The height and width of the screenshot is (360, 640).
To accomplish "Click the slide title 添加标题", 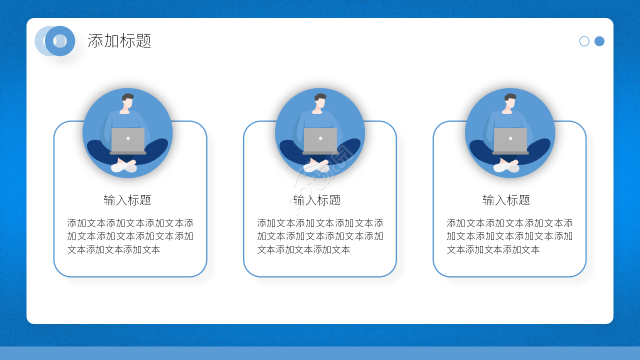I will pyautogui.click(x=119, y=41).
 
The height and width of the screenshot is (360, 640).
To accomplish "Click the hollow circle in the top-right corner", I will pyautogui.click(x=584, y=41).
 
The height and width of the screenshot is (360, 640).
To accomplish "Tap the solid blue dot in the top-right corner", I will pyautogui.click(x=599, y=41).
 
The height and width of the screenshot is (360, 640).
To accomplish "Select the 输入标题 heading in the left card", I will pyautogui.click(x=127, y=200).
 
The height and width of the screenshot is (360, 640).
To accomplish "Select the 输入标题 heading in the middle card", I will pyautogui.click(x=317, y=200).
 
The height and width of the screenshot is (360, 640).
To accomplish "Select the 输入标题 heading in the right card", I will pyautogui.click(x=506, y=200).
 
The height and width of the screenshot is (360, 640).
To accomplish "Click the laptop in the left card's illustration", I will pyautogui.click(x=128, y=140).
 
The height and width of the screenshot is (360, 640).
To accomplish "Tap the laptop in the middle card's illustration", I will pyautogui.click(x=320, y=140).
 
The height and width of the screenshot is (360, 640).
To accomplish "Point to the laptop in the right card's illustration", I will pyautogui.click(x=510, y=140).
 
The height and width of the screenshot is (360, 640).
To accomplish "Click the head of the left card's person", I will pyautogui.click(x=127, y=100).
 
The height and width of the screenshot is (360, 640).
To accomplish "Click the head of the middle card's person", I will pyautogui.click(x=320, y=100).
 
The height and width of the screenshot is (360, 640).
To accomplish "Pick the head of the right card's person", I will pyautogui.click(x=510, y=100).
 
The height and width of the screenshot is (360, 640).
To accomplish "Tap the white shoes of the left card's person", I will pyautogui.click(x=124, y=167).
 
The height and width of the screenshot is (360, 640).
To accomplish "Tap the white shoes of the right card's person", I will pyautogui.click(x=506, y=167).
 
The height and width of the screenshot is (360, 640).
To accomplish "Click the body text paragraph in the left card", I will pyautogui.click(x=130, y=236).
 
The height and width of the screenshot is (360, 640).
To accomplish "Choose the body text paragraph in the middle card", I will pyautogui.click(x=320, y=236).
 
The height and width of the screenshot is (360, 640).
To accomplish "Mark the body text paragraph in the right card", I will pyautogui.click(x=509, y=236).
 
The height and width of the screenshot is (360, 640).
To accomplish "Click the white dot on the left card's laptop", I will pyautogui.click(x=128, y=138).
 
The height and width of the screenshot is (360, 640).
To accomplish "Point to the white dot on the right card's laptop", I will pyautogui.click(x=510, y=138).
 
